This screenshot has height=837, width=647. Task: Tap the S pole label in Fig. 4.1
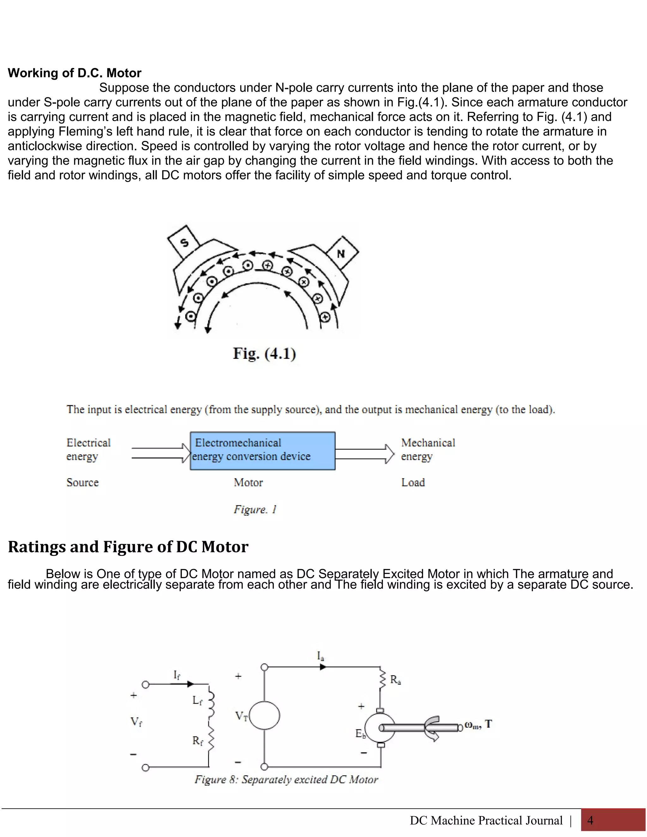(x=184, y=242)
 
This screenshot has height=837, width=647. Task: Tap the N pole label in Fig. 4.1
(x=341, y=253)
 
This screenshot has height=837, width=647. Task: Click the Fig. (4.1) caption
(x=264, y=353)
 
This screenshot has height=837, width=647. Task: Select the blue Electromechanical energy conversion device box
(x=263, y=451)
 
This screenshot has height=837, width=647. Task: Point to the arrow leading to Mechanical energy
(x=365, y=454)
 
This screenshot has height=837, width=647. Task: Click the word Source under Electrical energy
(x=82, y=483)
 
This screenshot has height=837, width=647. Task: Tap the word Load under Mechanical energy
(x=413, y=483)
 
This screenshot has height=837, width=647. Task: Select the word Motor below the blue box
(x=248, y=483)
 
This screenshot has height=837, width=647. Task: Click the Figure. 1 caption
(x=255, y=509)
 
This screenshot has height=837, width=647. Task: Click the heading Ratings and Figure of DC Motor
(x=128, y=547)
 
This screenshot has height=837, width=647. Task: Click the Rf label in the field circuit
(x=197, y=741)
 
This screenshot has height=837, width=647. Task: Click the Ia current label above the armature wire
(x=320, y=656)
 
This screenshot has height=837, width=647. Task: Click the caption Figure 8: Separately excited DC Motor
(x=286, y=780)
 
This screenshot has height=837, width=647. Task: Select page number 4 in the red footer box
(x=590, y=820)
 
